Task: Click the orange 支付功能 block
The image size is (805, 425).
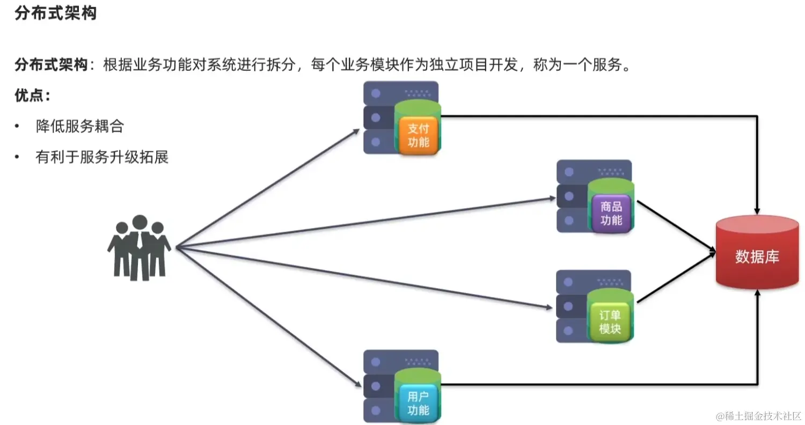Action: coord(419,135)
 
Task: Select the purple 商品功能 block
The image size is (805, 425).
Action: coord(611,213)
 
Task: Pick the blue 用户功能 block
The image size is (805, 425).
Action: coord(418,404)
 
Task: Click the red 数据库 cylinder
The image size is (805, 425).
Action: coord(757,256)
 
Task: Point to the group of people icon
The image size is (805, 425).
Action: coord(139,247)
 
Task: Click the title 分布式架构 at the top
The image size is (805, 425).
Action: coord(56,13)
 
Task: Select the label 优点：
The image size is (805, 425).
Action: coord(33,96)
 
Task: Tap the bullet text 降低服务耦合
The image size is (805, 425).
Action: coord(80,127)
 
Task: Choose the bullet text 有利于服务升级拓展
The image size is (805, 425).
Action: coord(102,157)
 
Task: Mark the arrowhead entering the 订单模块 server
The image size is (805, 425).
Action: coord(548,307)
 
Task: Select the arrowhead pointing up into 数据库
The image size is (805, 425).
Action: coord(757,293)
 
